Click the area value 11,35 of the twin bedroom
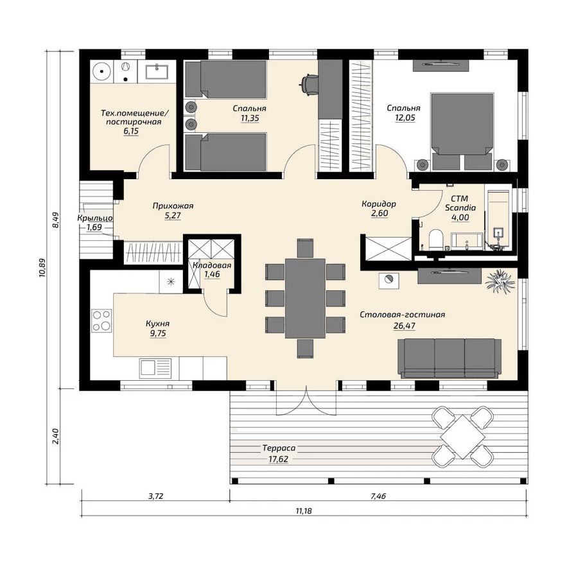[x=250, y=118]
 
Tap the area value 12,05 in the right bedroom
[x=405, y=118]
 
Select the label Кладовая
[x=212, y=265]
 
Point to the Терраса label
[x=279, y=448]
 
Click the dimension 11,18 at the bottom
[x=303, y=511]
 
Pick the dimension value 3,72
[x=156, y=496]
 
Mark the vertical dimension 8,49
[x=55, y=220]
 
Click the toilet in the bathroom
[x=436, y=240]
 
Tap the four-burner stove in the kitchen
[x=101, y=321]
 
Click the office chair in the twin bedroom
[x=308, y=85]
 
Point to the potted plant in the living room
[x=500, y=281]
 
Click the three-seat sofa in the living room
[x=449, y=358]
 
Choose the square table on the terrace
[x=462, y=437]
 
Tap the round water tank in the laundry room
[x=102, y=71]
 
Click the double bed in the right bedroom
[x=462, y=132]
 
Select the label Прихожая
[x=173, y=205]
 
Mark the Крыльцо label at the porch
[x=95, y=218]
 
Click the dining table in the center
[x=305, y=298]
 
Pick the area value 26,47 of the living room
[x=405, y=326]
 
